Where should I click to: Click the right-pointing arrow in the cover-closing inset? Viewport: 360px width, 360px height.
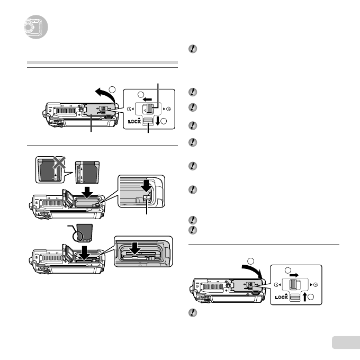point(295,275)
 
